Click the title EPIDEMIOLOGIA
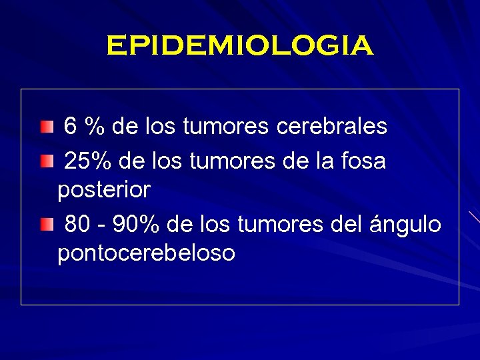point(239,46)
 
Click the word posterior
point(104,191)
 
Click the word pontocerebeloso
point(146,253)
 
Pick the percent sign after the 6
point(97,126)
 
